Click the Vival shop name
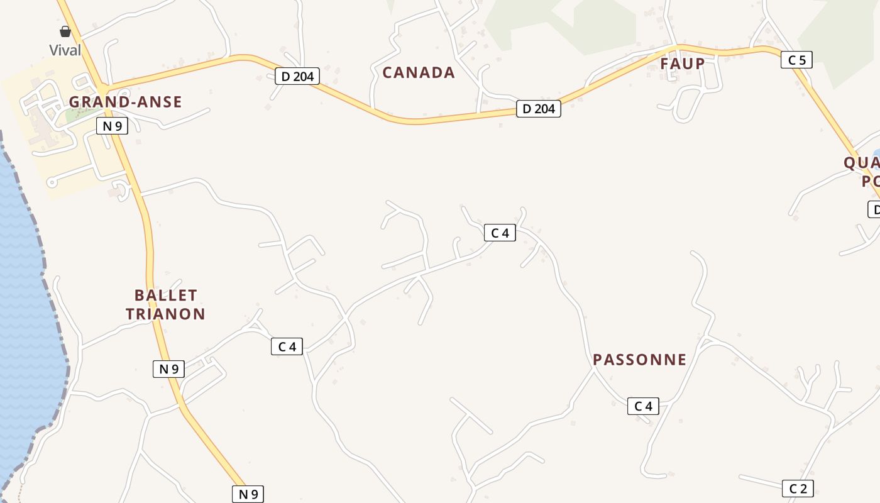65,50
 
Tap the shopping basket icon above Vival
65,31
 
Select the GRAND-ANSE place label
125,102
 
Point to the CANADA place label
419,73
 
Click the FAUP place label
682,64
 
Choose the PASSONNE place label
639,360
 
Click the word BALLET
166,295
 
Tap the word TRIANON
166,314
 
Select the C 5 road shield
796,60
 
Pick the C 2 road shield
798,489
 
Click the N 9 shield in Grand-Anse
112,126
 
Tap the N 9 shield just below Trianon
168,369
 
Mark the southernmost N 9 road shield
248,494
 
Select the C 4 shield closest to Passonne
643,406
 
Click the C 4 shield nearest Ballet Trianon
287,346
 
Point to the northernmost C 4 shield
500,233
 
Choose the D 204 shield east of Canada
538,109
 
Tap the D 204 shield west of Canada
297,77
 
